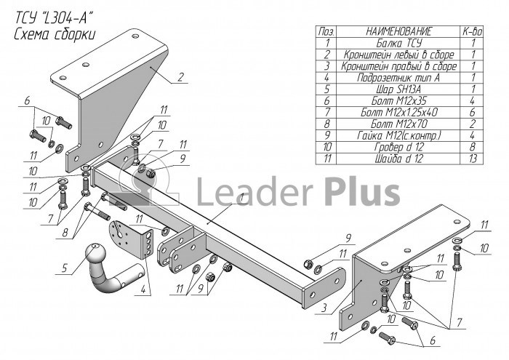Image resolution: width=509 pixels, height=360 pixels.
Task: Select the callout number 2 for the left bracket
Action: point(181,77)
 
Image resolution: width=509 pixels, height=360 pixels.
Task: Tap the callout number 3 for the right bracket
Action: point(324,308)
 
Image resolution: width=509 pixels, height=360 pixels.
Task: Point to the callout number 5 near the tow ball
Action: point(64,268)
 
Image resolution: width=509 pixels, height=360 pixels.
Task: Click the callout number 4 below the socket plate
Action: point(143,289)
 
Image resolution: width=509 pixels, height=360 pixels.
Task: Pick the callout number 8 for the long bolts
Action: point(65,233)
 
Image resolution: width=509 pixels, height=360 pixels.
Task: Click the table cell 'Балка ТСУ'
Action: point(399,43)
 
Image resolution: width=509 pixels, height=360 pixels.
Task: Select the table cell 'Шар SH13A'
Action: point(399,89)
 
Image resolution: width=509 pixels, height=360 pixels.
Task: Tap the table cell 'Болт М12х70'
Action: point(399,124)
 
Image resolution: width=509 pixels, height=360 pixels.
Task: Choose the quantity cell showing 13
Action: point(473,159)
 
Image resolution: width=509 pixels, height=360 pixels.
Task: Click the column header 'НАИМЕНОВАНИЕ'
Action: point(399,31)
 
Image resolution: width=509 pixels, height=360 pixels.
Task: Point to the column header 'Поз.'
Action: point(326,31)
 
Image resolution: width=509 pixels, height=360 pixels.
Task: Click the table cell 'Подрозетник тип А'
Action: point(399,78)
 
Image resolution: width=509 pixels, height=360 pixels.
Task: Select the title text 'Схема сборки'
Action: point(55,34)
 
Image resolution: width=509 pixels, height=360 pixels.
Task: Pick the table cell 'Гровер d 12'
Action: point(399,147)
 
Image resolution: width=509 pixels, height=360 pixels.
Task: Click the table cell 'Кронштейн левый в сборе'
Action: point(399,55)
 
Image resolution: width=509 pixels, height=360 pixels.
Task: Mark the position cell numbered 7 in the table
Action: point(326,112)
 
